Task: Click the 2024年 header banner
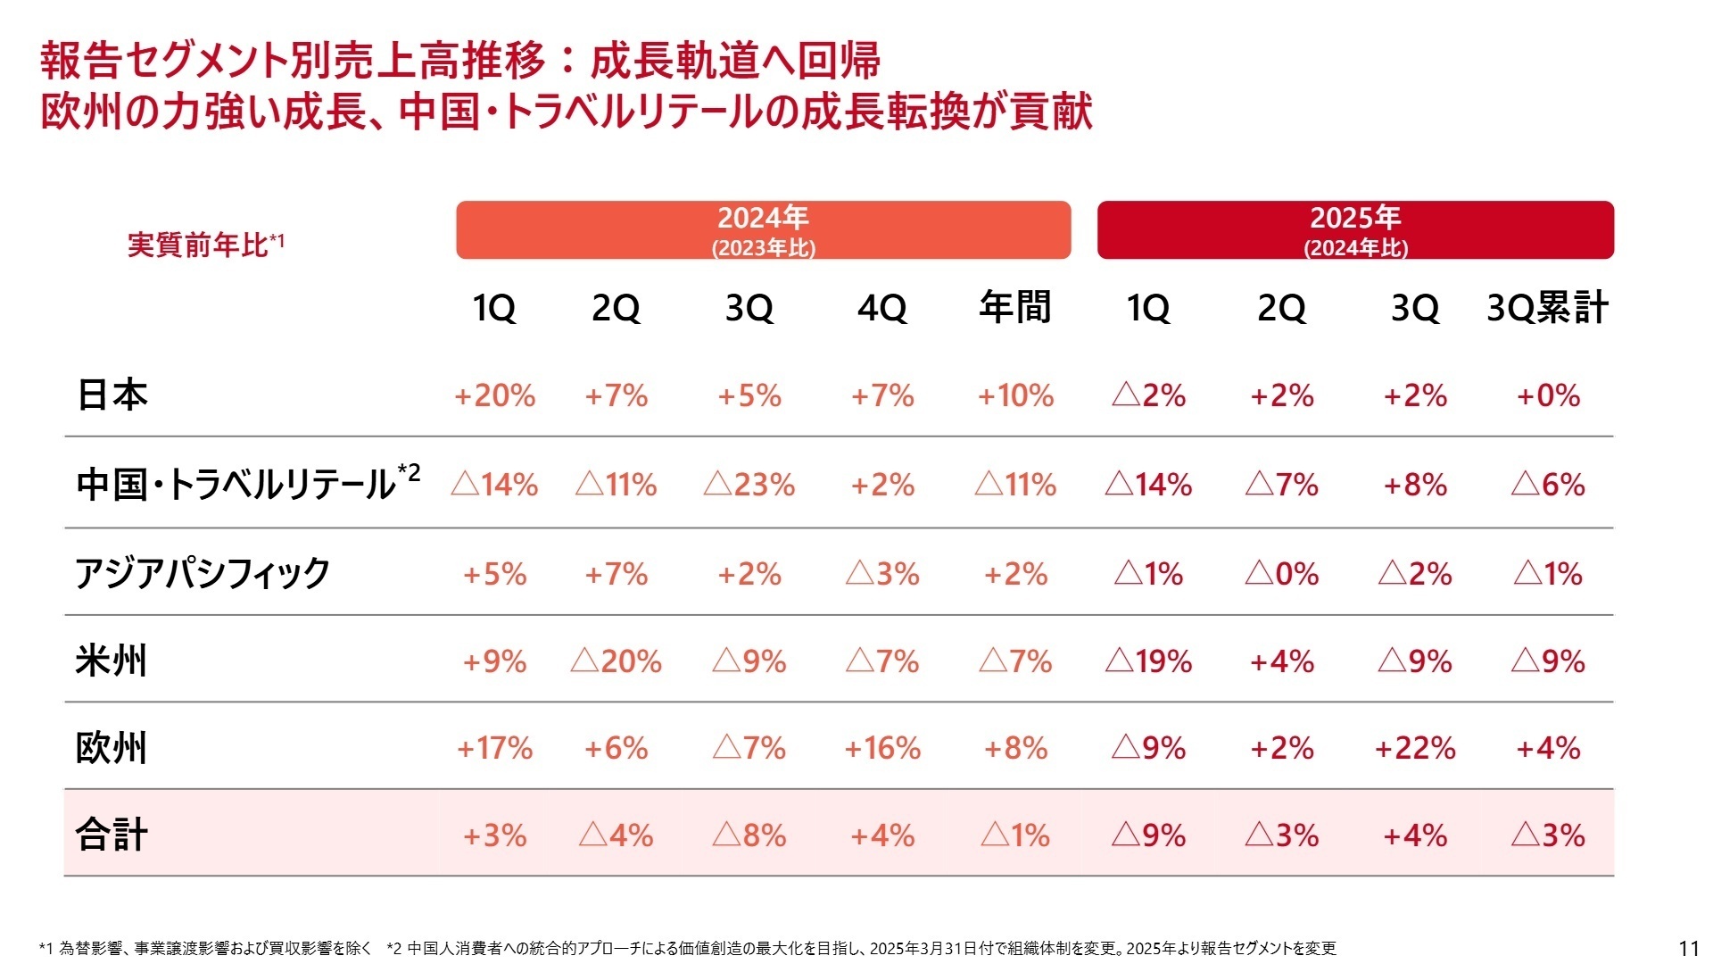point(763,229)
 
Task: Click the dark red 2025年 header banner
point(1355,229)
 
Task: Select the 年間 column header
point(1015,308)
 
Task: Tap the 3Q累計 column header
point(1547,308)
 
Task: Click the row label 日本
point(112,395)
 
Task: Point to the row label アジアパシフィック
point(203,572)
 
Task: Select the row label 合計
point(112,835)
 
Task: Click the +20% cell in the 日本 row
point(494,395)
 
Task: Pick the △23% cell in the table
point(749,485)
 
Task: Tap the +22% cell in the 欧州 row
point(1415,748)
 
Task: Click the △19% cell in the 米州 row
point(1148,661)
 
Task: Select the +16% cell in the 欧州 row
point(882,748)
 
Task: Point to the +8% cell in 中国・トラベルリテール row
point(1415,485)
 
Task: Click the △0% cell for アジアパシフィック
point(1281,573)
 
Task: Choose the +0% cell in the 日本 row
point(1548,395)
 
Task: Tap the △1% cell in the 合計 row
point(1015,835)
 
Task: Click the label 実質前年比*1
point(205,244)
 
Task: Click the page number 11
point(1689,948)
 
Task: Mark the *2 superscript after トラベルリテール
point(410,470)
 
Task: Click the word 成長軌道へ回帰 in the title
point(735,61)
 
